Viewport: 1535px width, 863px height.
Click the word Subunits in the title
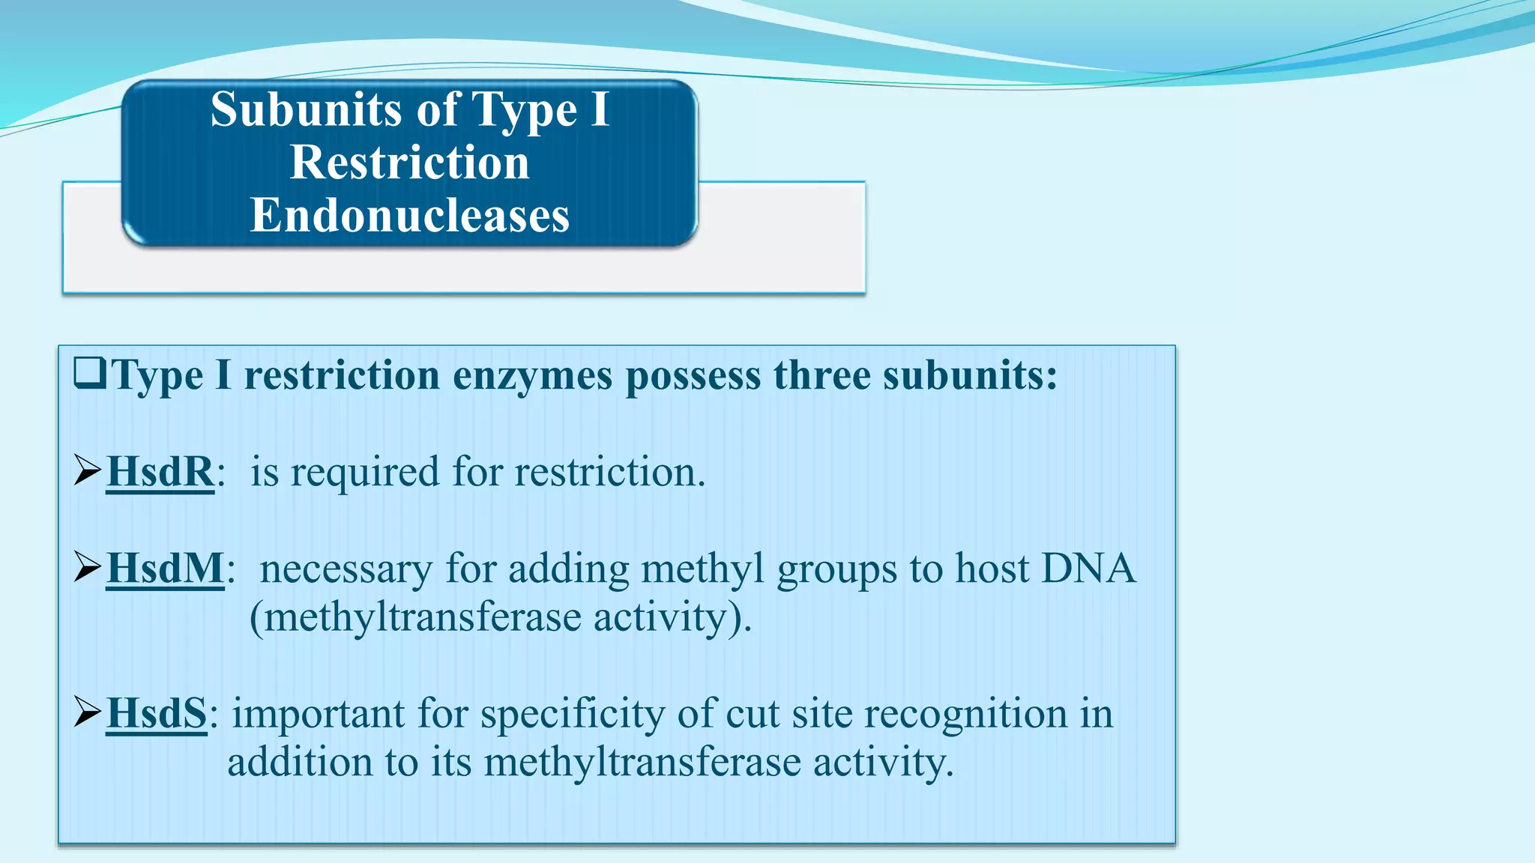click(306, 110)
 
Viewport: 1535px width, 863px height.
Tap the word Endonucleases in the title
click(409, 216)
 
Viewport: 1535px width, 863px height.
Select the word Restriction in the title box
click(409, 163)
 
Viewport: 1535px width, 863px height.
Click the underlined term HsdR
click(160, 472)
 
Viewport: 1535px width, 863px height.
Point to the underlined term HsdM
click(165, 569)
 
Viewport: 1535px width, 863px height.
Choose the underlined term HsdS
click(156, 713)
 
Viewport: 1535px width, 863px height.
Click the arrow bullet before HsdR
click(88, 471)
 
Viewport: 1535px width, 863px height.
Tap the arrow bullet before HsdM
click(88, 567)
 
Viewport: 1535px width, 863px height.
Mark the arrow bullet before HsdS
click(88, 712)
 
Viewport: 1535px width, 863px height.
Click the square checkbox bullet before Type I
click(90, 372)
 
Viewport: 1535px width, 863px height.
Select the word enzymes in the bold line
click(533, 375)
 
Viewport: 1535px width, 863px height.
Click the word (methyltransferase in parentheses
click(415, 618)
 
